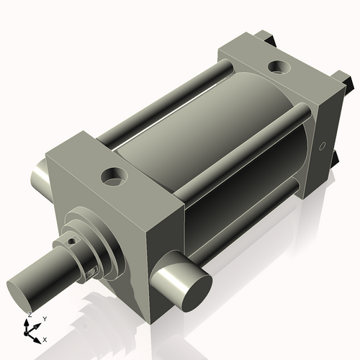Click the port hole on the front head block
tap(114, 175)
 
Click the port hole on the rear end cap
tap(278, 68)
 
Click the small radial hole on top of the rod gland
tap(71, 241)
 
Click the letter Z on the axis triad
tap(29, 315)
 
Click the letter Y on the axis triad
tap(45, 318)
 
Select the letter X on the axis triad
tap(45, 338)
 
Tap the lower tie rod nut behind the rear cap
tap(337, 158)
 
